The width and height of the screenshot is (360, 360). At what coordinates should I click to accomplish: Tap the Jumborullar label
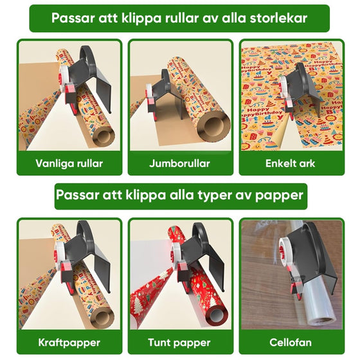[180, 163]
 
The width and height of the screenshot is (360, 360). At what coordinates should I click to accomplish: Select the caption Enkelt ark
[291, 163]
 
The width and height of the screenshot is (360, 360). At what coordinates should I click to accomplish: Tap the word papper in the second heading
[278, 195]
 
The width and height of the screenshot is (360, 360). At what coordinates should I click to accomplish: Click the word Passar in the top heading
[73, 18]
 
